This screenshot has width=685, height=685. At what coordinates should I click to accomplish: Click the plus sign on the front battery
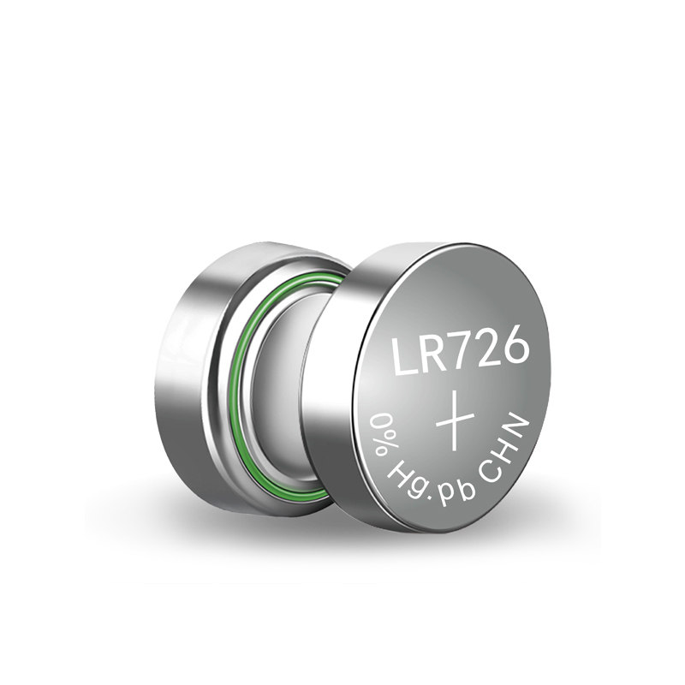(x=455, y=420)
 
